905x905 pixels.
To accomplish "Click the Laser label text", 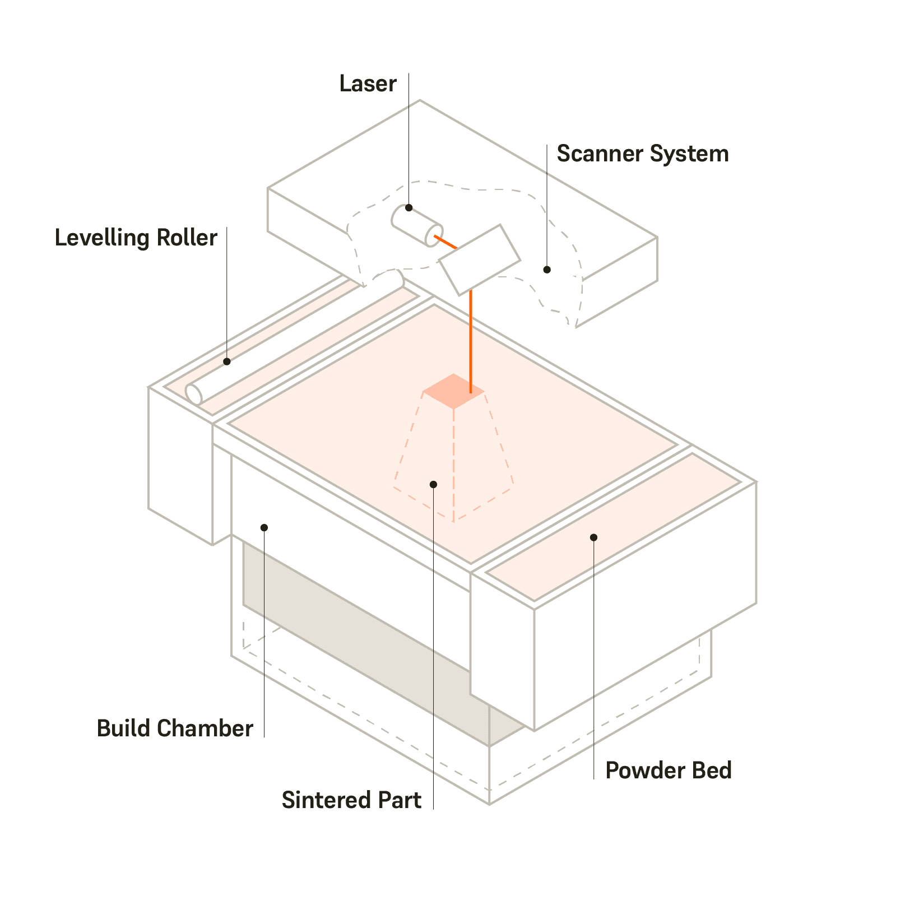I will pos(368,84).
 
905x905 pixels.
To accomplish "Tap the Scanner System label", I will pos(642,154).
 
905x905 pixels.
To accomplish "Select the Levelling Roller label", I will pos(136,238).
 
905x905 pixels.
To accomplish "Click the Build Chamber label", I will pos(175,729).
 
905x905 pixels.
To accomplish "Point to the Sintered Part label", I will pos(351,800).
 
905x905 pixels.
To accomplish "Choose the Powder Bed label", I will pos(668,771).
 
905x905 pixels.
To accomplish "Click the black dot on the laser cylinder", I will pos(409,208).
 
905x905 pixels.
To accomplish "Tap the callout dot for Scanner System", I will pos(547,270).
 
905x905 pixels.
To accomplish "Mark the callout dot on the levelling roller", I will pos(227,362).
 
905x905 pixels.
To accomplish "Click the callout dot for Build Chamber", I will pos(264,528).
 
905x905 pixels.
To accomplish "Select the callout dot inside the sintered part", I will pos(433,485).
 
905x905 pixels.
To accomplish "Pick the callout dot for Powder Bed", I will pos(593,538).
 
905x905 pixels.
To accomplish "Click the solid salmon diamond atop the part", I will pos(453,391).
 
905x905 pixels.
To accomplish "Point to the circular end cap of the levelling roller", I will pos(194,395).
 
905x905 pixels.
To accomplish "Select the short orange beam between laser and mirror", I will pos(446,243).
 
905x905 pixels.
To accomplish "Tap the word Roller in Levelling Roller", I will pos(187,238).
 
